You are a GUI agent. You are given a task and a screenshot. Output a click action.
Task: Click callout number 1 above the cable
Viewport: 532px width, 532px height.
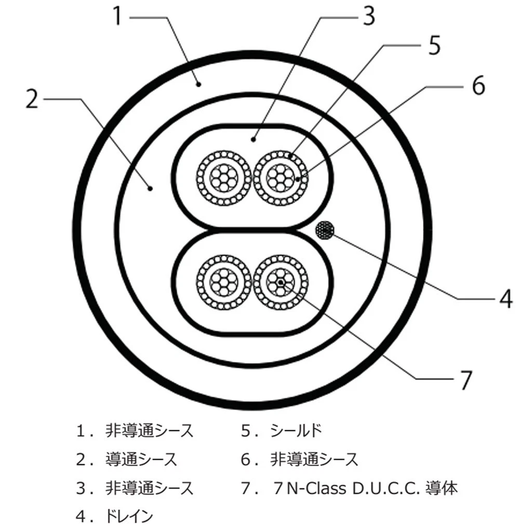[117, 16]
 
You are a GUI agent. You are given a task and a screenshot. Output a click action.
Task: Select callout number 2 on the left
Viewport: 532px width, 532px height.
[32, 99]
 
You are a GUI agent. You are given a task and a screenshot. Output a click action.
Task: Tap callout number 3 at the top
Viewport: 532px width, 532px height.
[369, 16]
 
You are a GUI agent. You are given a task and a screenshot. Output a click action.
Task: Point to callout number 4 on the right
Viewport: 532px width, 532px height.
[506, 299]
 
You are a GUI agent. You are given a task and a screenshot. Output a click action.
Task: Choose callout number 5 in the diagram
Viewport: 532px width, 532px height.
[434, 45]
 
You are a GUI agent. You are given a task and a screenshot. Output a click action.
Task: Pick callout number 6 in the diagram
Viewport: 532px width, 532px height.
[478, 85]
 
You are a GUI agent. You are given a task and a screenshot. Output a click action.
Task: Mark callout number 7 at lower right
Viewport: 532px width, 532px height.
[466, 380]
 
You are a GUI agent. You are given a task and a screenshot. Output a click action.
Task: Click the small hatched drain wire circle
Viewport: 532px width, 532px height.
[325, 231]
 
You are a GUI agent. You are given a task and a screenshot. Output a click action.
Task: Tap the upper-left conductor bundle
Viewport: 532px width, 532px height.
[223, 178]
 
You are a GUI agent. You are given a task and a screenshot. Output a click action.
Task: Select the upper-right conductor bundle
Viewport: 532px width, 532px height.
[281, 178]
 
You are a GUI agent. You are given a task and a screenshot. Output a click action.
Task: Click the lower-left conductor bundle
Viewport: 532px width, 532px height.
[223, 282]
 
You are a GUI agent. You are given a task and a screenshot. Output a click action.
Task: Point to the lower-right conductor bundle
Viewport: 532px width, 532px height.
[281, 282]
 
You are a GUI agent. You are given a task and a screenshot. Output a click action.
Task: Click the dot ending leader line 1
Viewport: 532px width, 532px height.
[199, 84]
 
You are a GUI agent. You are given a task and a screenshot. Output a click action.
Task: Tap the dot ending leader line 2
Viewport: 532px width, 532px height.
[150, 188]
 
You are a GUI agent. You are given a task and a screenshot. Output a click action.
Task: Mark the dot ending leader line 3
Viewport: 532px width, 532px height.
[253, 139]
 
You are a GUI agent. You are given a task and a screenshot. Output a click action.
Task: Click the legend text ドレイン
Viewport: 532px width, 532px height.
[129, 516]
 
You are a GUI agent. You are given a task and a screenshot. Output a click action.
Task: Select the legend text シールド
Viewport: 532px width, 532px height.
[296, 431]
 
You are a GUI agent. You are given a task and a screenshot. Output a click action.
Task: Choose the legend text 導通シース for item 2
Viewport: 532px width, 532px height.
[141, 459]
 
